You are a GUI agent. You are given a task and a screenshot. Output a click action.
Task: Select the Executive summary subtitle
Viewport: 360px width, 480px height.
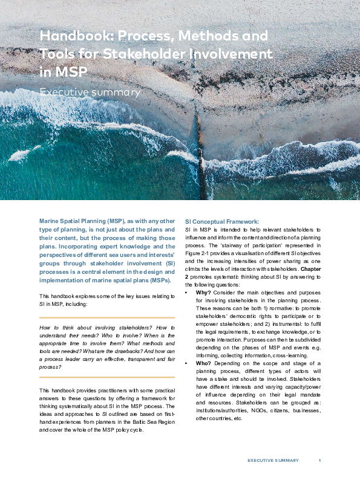[90, 92]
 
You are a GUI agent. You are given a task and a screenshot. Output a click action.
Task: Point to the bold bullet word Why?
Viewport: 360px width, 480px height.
[203, 292]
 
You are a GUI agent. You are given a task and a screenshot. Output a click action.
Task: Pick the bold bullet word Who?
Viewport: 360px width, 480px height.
[203, 363]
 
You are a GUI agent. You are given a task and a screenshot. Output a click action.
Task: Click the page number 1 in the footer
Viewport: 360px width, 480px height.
[319, 461]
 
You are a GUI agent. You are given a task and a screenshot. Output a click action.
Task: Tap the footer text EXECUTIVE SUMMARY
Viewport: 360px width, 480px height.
[273, 461]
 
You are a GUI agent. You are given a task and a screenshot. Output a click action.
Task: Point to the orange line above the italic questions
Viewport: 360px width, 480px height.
[107, 317]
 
